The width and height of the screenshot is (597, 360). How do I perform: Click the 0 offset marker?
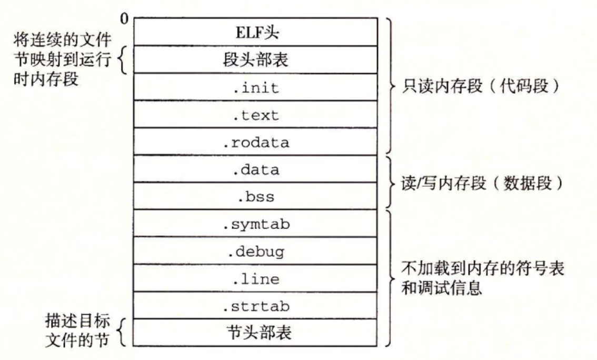[x=124, y=19]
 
